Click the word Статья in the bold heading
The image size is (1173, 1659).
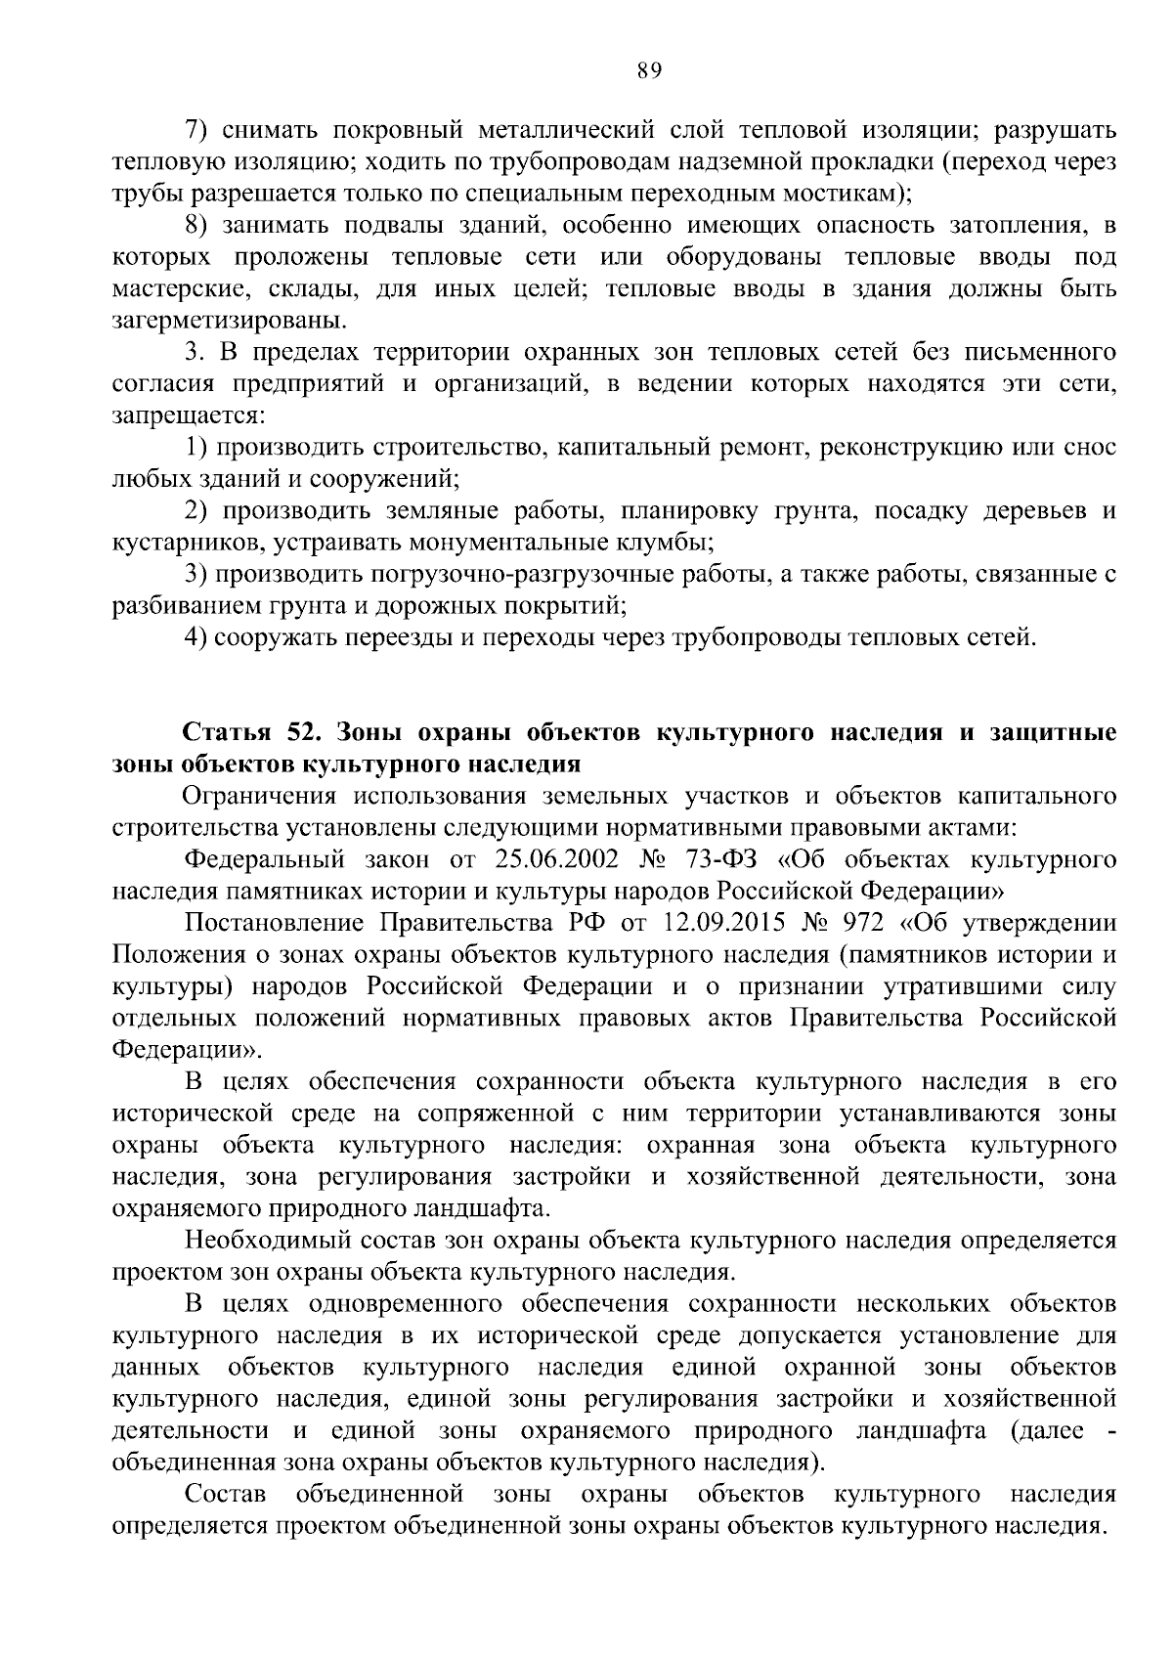(x=224, y=733)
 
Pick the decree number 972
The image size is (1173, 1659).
(x=864, y=923)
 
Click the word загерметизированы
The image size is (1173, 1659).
(x=229, y=321)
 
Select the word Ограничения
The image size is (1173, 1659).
(x=256, y=796)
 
